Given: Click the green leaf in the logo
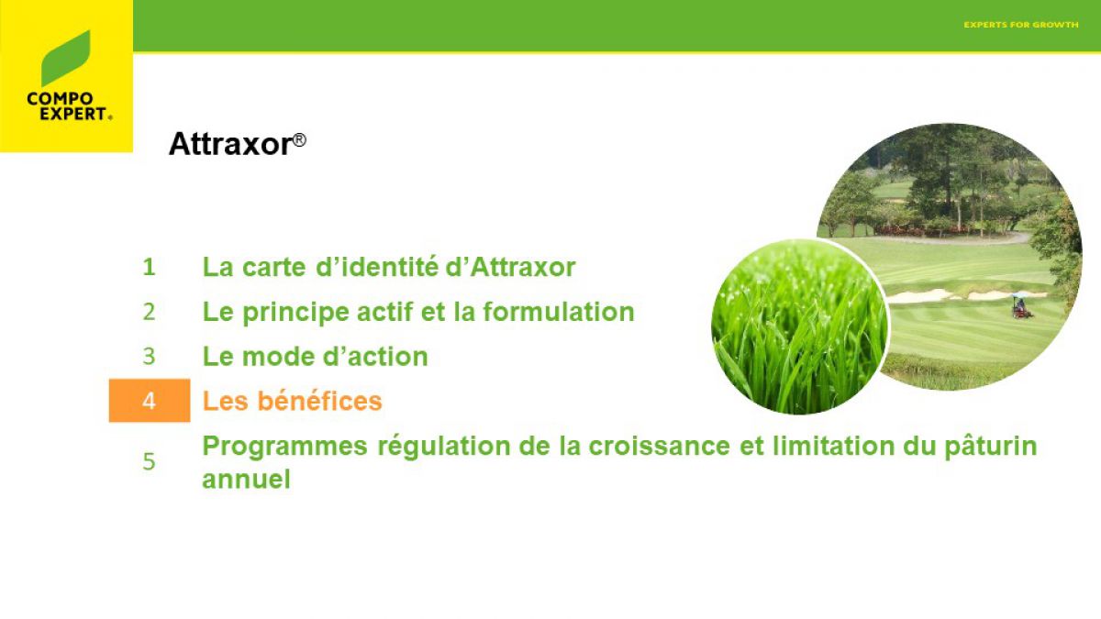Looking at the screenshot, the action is (65, 58).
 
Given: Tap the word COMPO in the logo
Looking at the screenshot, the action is (60, 99).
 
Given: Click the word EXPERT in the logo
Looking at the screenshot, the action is (73, 114).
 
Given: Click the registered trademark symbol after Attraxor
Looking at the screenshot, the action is (299, 140).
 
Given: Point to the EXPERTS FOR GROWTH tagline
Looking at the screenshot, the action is (1021, 25).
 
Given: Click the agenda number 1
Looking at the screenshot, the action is (149, 267).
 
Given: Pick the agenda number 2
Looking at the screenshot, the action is (149, 312).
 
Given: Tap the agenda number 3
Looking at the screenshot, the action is (149, 356).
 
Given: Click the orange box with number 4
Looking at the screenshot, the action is (150, 401).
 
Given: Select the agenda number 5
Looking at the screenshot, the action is (149, 462).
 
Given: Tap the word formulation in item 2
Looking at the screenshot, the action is (559, 312).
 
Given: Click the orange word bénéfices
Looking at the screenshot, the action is (320, 401).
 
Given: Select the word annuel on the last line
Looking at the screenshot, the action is (246, 480).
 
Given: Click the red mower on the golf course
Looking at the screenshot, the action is (1021, 306).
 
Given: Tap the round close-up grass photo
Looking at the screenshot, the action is (799, 326).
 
